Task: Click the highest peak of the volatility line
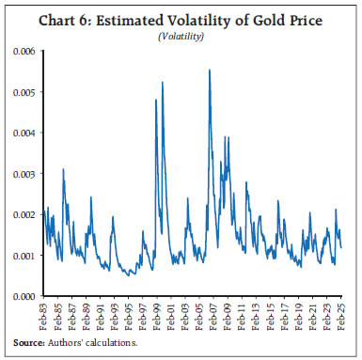click(x=209, y=70)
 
